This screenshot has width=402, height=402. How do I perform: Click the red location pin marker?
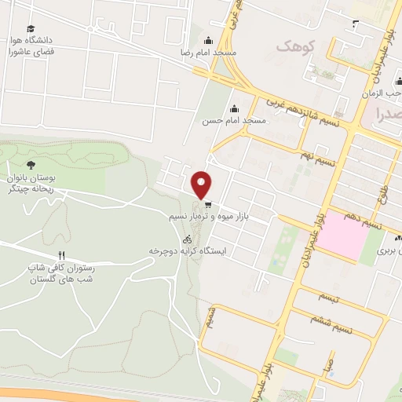click(x=202, y=185)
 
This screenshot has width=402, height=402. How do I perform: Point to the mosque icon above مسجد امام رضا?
click(x=207, y=40)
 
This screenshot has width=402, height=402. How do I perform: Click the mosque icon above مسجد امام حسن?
click(x=232, y=109)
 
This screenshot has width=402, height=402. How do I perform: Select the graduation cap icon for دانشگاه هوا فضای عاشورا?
click(x=31, y=28)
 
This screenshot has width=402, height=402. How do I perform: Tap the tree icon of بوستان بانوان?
click(x=31, y=164)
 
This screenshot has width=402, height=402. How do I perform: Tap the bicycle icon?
click(x=187, y=239)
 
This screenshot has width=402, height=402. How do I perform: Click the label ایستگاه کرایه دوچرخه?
click(x=188, y=251)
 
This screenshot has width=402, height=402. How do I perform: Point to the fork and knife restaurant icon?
click(x=60, y=256)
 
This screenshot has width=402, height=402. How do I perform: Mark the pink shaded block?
click(x=342, y=235)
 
